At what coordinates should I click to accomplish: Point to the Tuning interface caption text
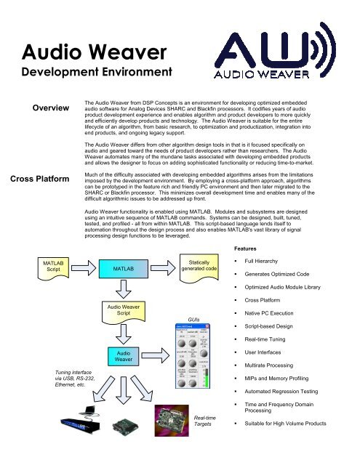46,391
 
